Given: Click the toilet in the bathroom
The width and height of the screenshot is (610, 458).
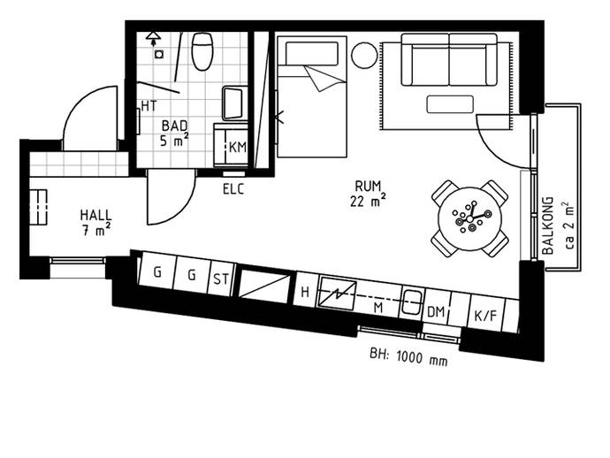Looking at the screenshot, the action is click(202, 51).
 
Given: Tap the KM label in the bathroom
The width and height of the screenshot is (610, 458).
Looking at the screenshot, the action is click(237, 147).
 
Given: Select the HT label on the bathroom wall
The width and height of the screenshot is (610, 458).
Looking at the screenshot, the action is click(149, 105).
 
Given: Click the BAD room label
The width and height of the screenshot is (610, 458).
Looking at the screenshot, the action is click(174, 126).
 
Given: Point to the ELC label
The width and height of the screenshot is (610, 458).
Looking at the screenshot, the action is click(233, 189).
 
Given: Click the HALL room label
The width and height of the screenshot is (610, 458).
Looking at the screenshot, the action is click(95, 215).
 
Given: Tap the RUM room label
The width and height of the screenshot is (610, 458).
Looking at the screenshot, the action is click(368, 186).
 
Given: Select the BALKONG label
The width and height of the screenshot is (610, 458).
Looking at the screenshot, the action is click(548, 225).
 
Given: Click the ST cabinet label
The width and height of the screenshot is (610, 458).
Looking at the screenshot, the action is click(221, 279).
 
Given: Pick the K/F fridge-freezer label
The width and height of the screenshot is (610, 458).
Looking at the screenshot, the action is click(486, 316).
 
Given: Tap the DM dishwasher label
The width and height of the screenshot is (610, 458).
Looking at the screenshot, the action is click(436, 312).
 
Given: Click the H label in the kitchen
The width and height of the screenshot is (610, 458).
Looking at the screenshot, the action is click(305, 292).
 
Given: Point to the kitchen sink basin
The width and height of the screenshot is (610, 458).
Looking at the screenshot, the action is click(411, 302).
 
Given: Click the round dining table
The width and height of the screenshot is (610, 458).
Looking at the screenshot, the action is click(469, 218).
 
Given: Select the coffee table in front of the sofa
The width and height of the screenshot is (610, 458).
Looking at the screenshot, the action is click(450, 104).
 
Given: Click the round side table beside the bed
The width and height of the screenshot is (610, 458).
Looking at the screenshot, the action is click(364, 55).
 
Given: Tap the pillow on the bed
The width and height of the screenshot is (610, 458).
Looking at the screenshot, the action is click(311, 53).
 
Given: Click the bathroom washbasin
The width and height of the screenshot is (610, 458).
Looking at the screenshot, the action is click(233, 103).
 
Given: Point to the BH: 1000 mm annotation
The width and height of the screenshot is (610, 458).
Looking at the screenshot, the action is click(408, 357).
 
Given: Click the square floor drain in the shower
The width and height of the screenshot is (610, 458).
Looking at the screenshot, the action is click(159, 54).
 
